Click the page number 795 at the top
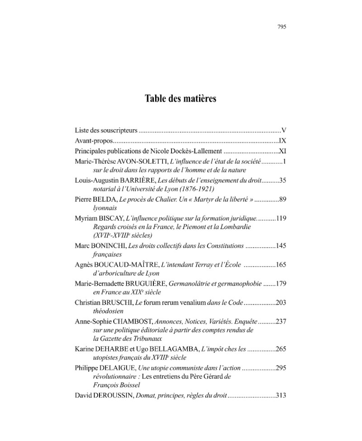pyautogui.click(x=281, y=27)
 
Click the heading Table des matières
pyautogui.click(x=181, y=99)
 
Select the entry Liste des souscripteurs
pyautogui.click(x=105, y=131)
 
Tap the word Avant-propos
pyautogui.click(x=92, y=141)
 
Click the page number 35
pyautogui.click(x=282, y=180)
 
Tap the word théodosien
pyautogui.click(x=106, y=311)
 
